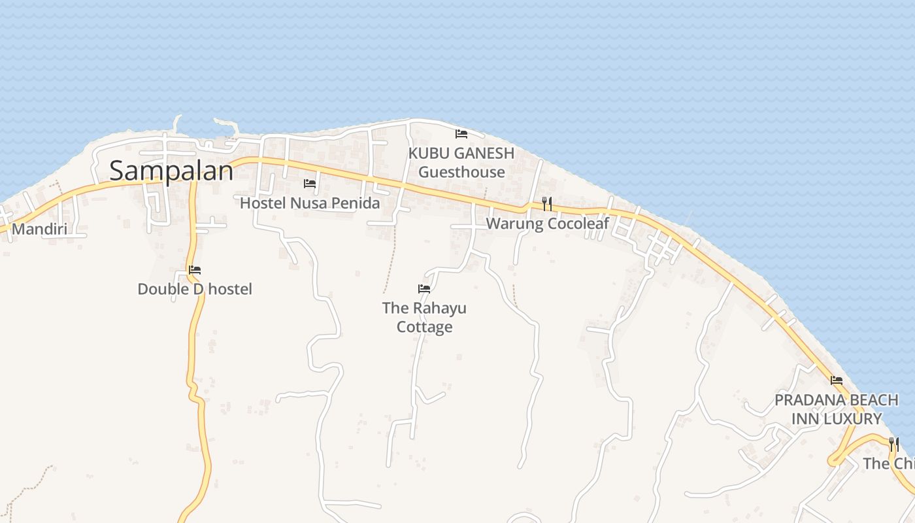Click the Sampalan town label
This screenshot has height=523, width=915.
[x=171, y=171]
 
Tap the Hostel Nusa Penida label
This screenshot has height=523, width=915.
[x=309, y=203]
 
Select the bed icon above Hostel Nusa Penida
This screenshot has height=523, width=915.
[x=310, y=184]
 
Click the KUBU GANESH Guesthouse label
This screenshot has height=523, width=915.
[x=461, y=163]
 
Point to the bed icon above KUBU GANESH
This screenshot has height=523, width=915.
[x=461, y=134]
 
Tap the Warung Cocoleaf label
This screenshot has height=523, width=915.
[x=547, y=224]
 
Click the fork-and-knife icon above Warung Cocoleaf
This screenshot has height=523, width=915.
[x=547, y=204]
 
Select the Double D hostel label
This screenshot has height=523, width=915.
[x=194, y=289]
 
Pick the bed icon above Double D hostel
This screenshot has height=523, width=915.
[x=195, y=269]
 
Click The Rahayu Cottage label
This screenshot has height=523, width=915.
[x=424, y=317]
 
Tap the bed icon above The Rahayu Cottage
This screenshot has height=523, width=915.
[x=424, y=288]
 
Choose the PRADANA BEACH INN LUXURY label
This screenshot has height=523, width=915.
[x=837, y=409]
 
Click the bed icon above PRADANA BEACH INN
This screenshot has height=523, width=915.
[x=837, y=380]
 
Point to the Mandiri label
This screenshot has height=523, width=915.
[x=39, y=229]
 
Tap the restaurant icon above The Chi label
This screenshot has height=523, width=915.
[x=894, y=445]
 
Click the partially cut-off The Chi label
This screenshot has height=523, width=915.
[x=888, y=464]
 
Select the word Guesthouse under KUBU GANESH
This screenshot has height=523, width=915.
[x=461, y=173]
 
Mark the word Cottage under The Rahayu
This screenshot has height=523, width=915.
[x=424, y=327]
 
